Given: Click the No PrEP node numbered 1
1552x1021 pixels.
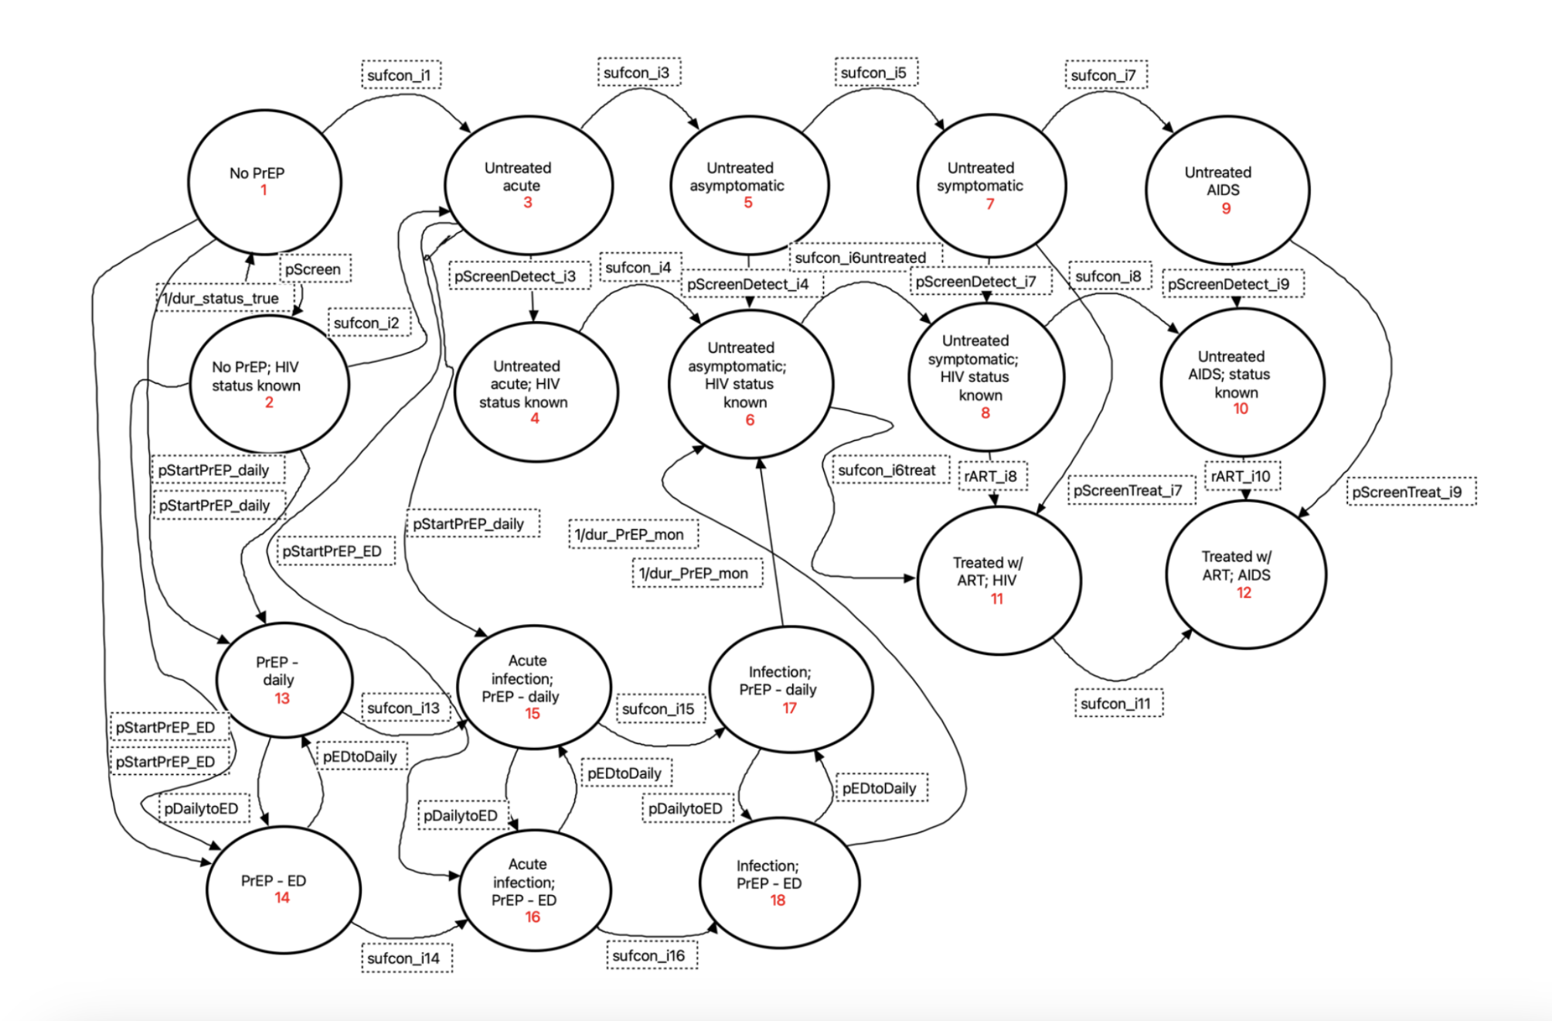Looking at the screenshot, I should click(x=264, y=182).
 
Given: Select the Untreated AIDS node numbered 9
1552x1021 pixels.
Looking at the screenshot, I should click(x=1227, y=190).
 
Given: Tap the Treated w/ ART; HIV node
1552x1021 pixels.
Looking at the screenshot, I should click(x=998, y=580).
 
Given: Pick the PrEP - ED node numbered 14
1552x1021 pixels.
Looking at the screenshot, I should click(x=283, y=890).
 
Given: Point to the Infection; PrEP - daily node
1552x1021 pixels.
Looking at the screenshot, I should click(x=790, y=689).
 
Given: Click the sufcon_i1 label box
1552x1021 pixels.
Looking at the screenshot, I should click(x=400, y=75).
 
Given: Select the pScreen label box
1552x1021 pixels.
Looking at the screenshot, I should click(x=314, y=269).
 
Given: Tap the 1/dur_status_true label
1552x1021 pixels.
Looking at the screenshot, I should click(x=222, y=299).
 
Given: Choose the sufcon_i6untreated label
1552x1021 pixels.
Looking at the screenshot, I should click(x=861, y=258).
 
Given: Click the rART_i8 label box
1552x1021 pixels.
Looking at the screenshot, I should click(x=992, y=476).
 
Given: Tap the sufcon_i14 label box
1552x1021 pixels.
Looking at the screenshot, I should click(x=404, y=958).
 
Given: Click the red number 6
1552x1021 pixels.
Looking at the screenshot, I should click(x=750, y=420).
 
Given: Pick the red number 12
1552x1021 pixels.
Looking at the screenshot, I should click(x=1244, y=592).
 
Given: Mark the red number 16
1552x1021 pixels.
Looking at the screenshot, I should click(x=533, y=917).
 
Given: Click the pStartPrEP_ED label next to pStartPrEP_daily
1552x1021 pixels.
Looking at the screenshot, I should click(x=333, y=551).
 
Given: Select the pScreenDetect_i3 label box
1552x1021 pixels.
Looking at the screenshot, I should click(x=516, y=276).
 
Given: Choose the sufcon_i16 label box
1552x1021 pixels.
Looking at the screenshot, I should click(x=649, y=956).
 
